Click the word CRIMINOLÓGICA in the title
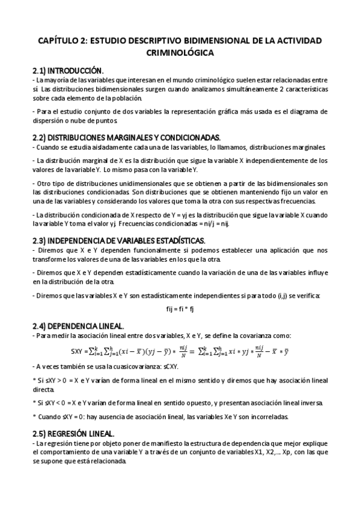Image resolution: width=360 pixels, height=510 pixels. point(180,53)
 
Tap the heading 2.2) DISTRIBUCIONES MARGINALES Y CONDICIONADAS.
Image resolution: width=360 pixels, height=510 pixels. point(126,137)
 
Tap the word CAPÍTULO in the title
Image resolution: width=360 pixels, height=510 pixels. point(60,40)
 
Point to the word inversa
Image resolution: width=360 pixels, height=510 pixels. point(313,402)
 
